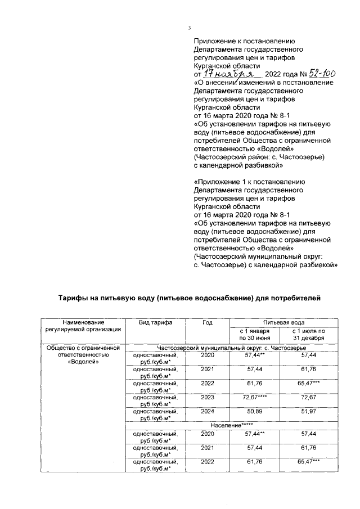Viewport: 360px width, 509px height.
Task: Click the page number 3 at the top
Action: coord(190,28)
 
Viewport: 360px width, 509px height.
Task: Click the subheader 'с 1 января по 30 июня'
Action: coord(256,335)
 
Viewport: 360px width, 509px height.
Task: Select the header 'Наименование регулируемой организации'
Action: coord(83,326)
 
